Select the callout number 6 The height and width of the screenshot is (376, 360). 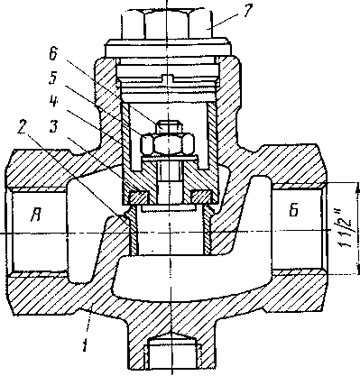pos(53,53)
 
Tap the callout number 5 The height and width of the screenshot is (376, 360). pos(53,78)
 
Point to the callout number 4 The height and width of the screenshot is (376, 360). pos(53,103)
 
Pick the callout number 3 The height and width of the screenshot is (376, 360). pos(53,126)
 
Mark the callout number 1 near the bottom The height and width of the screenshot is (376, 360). pos(85,344)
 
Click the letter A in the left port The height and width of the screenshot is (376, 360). pos(37,215)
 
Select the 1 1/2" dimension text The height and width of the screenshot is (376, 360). pos(346,228)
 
